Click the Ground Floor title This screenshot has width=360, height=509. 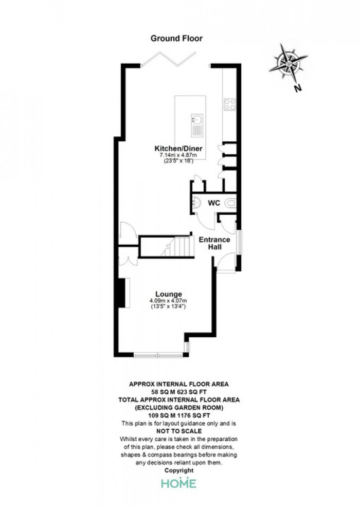click(x=176, y=39)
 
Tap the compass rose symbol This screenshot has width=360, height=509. click(x=289, y=63)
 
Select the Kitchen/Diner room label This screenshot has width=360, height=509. click(x=178, y=149)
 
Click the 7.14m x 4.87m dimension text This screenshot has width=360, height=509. click(x=178, y=155)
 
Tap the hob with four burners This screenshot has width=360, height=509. click(x=230, y=104)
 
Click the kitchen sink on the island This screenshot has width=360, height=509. click(x=197, y=125)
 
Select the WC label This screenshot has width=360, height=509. click(x=214, y=203)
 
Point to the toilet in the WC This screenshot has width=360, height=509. click(x=231, y=204)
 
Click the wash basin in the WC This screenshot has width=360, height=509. click(x=196, y=203)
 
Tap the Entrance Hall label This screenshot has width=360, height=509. click(x=214, y=243)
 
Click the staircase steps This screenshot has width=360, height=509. click(x=177, y=246)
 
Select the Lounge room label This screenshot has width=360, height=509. click(x=169, y=295)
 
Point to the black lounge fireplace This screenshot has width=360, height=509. click(x=122, y=293)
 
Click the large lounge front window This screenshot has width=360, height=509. click(x=158, y=355)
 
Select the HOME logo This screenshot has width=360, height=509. click(x=179, y=483)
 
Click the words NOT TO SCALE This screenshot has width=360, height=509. click(x=179, y=431)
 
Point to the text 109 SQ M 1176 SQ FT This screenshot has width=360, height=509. click(x=179, y=415)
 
